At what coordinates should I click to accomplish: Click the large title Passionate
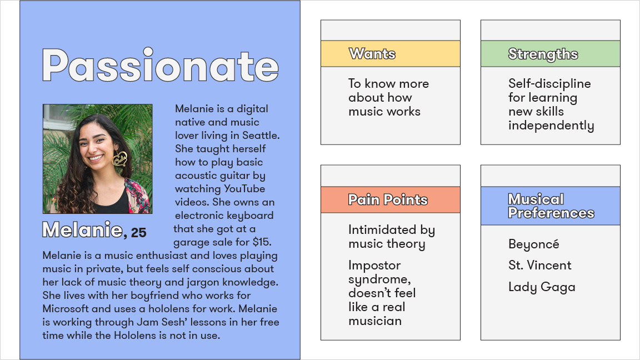click(161, 66)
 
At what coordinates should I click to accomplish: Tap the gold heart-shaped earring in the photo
click(119, 159)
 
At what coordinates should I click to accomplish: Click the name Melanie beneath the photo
click(82, 230)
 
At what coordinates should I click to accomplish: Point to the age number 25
click(139, 233)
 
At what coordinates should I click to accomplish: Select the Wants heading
click(372, 54)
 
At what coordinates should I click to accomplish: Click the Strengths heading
click(543, 54)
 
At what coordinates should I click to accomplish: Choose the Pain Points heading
click(388, 199)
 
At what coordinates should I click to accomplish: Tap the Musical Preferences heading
click(551, 206)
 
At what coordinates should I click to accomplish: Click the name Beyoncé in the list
click(534, 244)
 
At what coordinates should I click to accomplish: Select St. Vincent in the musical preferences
click(539, 266)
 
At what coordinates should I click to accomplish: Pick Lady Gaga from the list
click(542, 287)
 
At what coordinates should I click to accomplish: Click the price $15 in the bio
click(261, 242)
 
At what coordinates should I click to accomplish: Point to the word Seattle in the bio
click(261, 136)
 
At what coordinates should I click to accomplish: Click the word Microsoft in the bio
click(66, 308)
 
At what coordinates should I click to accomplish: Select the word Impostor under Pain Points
click(374, 266)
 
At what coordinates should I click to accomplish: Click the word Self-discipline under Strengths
click(549, 84)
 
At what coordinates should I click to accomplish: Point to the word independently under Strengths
click(551, 126)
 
